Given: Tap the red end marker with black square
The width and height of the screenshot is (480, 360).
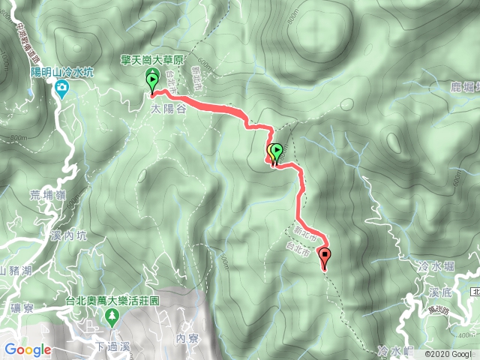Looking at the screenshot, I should pyautogui.click(x=325, y=256).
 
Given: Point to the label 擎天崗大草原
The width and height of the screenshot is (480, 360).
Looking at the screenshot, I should pyautogui.click(x=151, y=60).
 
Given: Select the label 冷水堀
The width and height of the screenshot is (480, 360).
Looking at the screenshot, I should pyautogui.click(x=433, y=265).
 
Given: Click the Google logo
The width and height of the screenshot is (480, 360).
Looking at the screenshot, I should pyautogui.click(x=28, y=349).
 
